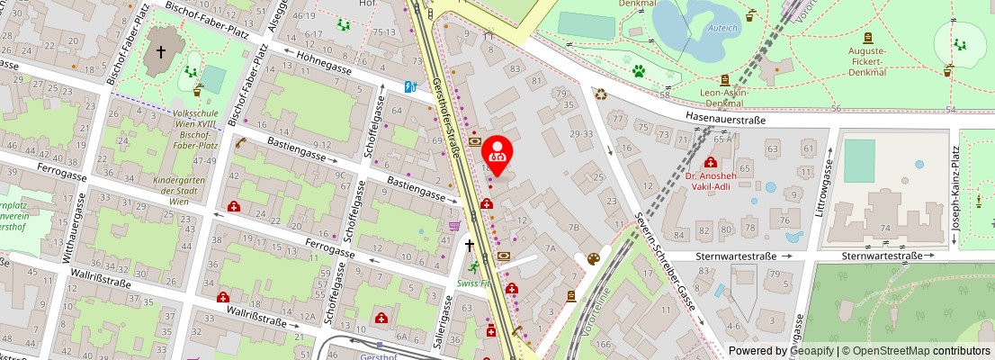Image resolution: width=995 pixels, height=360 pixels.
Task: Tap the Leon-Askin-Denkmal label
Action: (x=724, y=98)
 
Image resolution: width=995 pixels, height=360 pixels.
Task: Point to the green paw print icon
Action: (x=639, y=70)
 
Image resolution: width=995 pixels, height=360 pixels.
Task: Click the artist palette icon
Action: (x=593, y=259)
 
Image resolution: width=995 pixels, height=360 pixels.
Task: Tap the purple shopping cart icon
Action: (x=455, y=225)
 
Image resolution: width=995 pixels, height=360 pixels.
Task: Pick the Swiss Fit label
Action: (x=472, y=282)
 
